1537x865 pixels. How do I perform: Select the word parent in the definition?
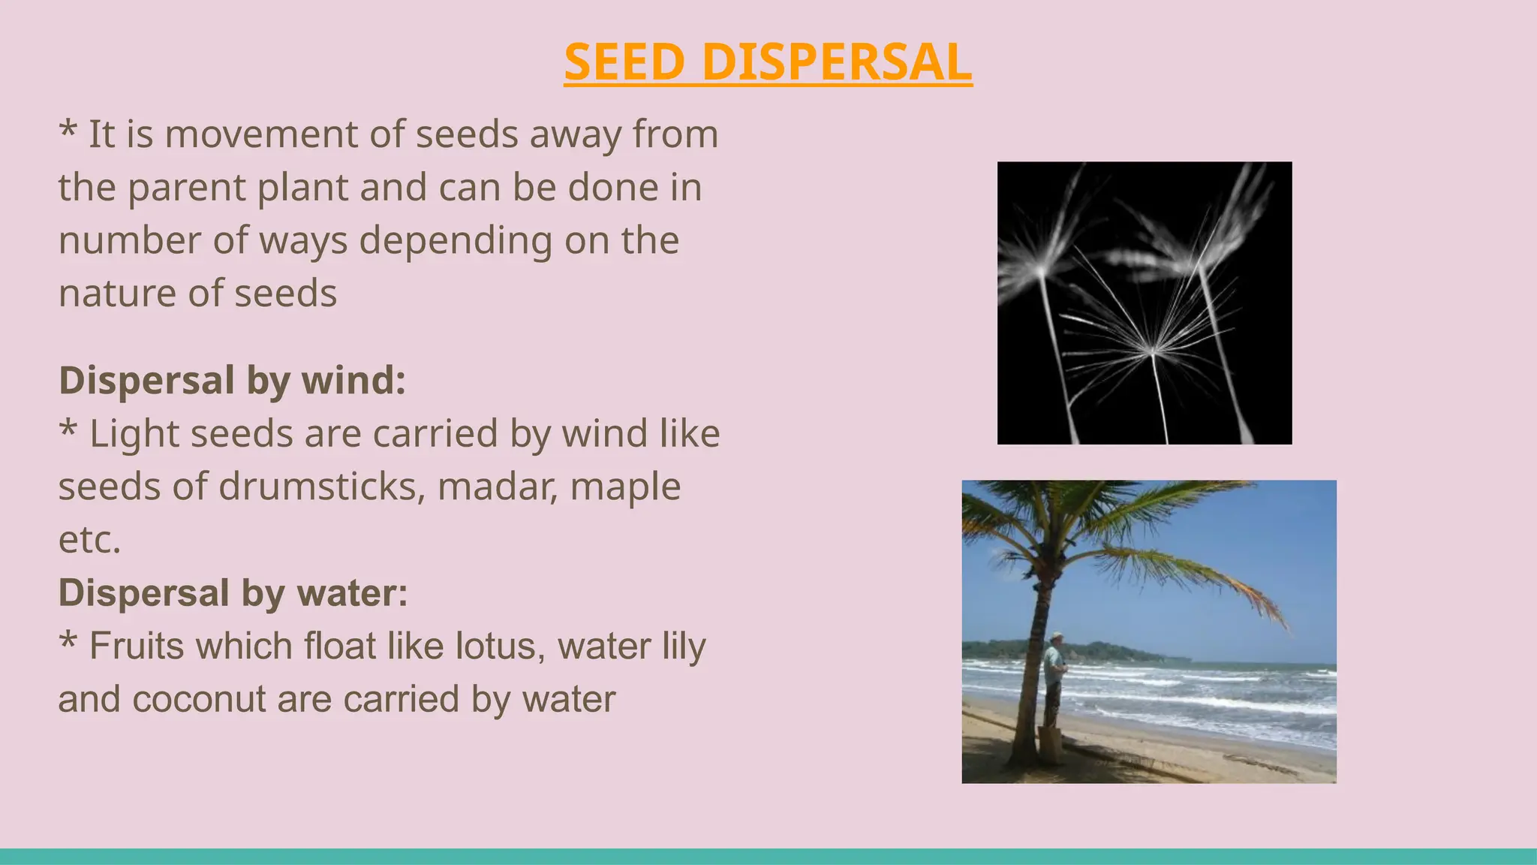click(x=186, y=188)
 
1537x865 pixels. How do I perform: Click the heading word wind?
click(x=353, y=380)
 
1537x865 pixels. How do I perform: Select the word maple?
click(x=625, y=487)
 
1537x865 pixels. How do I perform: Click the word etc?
click(x=89, y=540)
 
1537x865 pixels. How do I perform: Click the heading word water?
click(x=353, y=593)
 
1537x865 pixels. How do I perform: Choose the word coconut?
click(x=198, y=700)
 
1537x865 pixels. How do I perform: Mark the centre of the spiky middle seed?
click(x=1153, y=351)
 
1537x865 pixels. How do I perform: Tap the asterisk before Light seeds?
click(x=68, y=429)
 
